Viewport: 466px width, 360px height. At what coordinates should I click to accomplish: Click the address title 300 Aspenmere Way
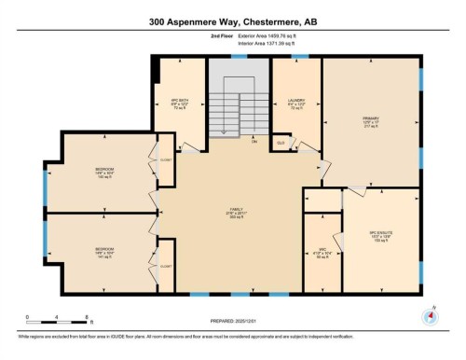click(x=233, y=21)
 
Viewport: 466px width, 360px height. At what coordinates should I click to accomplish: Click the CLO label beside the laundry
click(x=281, y=142)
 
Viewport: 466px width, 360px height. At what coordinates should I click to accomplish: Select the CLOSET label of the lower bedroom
click(x=166, y=266)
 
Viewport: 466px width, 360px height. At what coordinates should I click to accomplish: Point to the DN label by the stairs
click(x=254, y=141)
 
